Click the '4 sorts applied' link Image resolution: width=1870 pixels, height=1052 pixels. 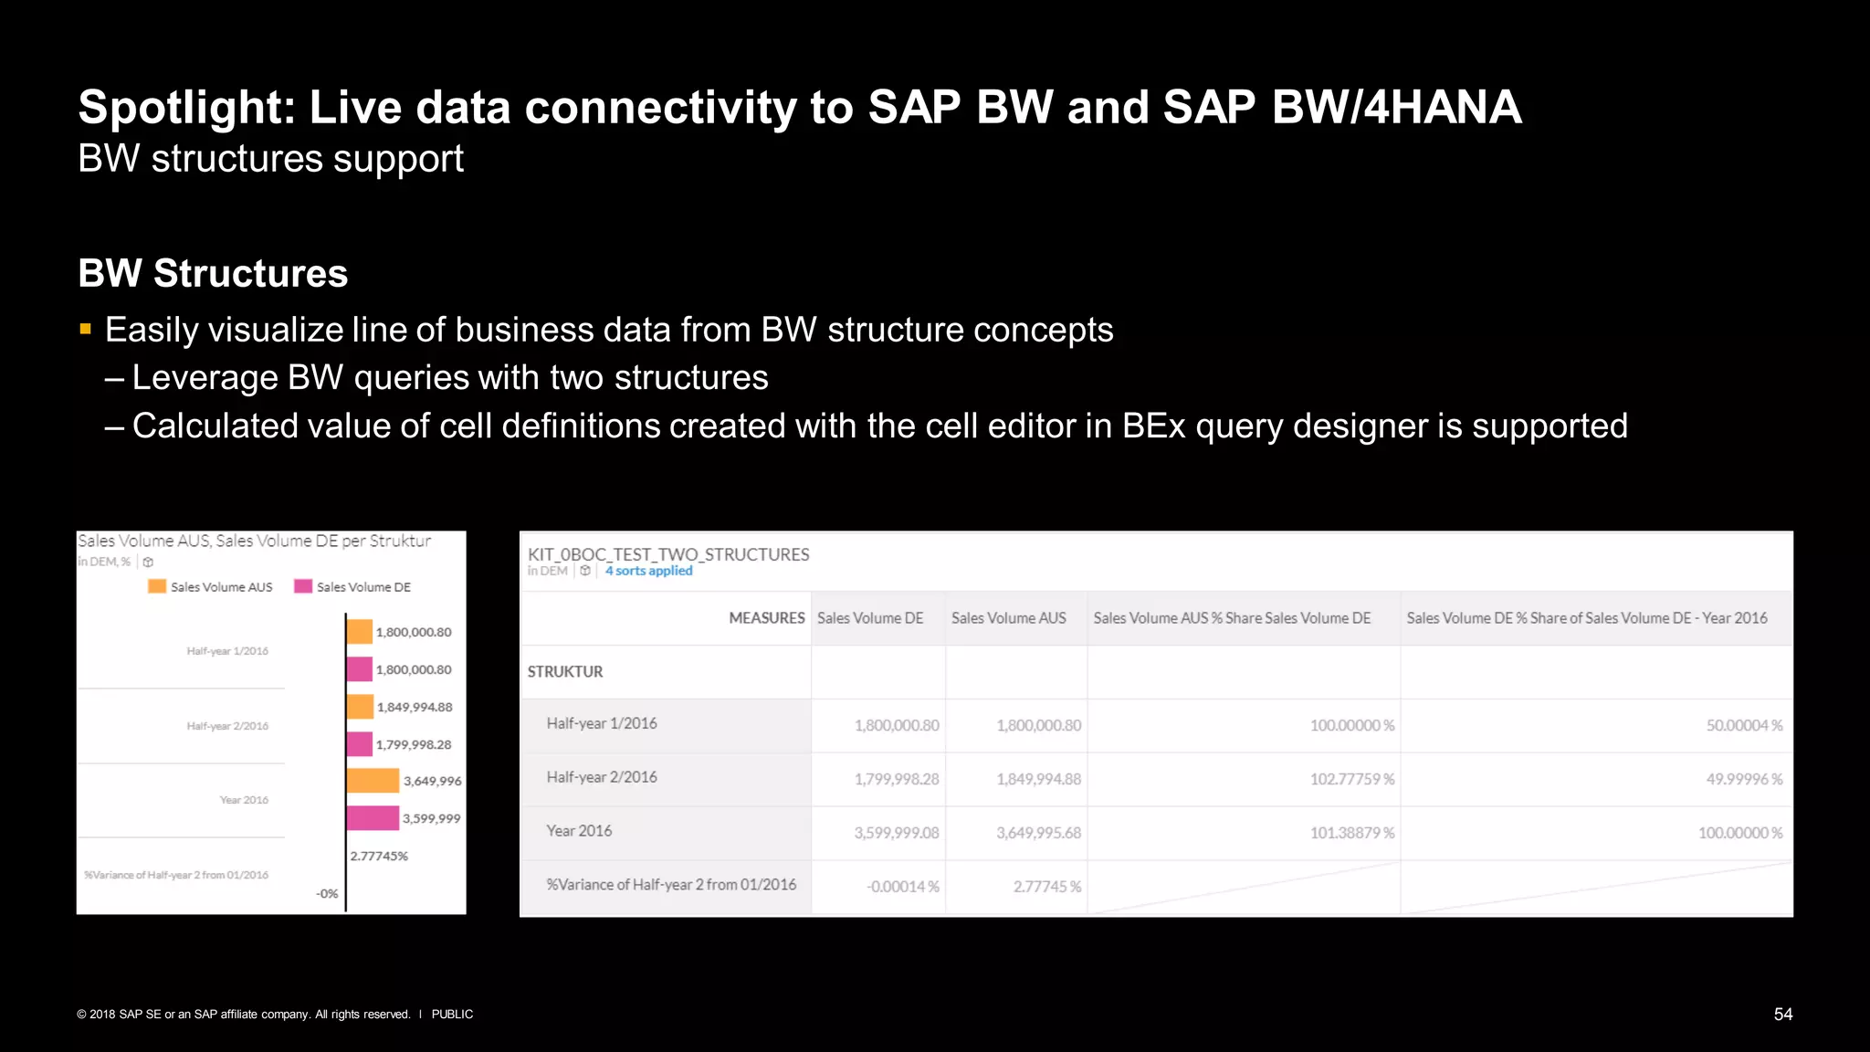[x=648, y=571]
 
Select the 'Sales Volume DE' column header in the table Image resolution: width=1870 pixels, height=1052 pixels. [x=870, y=618]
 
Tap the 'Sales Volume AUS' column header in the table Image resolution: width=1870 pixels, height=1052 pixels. [x=1008, y=618]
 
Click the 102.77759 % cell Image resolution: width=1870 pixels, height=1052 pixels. [x=1351, y=779]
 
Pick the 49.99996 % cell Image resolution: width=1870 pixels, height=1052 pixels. [x=1744, y=779]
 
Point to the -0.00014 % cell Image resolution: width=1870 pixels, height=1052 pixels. [x=902, y=887]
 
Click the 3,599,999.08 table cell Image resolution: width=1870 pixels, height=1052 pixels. [x=896, y=833]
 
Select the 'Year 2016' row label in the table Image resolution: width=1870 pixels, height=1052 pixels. [x=579, y=831]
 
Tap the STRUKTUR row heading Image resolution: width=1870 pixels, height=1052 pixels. [x=565, y=672]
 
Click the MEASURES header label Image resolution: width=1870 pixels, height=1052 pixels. [x=766, y=618]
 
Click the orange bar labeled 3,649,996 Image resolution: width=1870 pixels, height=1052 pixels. [x=373, y=781]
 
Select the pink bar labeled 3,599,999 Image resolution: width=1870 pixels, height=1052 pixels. [x=373, y=818]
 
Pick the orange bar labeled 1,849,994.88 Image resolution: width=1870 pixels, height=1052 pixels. [x=360, y=707]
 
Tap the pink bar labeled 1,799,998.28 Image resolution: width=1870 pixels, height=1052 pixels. [x=360, y=744]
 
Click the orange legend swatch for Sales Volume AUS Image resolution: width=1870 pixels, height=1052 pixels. [x=157, y=586]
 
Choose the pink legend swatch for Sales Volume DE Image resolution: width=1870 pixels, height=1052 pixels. [x=303, y=586]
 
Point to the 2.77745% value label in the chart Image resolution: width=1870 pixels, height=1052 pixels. [x=379, y=857]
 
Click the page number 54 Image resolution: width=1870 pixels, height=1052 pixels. [x=1782, y=1015]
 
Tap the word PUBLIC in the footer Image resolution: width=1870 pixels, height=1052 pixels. [x=452, y=1015]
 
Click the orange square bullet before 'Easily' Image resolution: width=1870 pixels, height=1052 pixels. [x=86, y=330]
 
